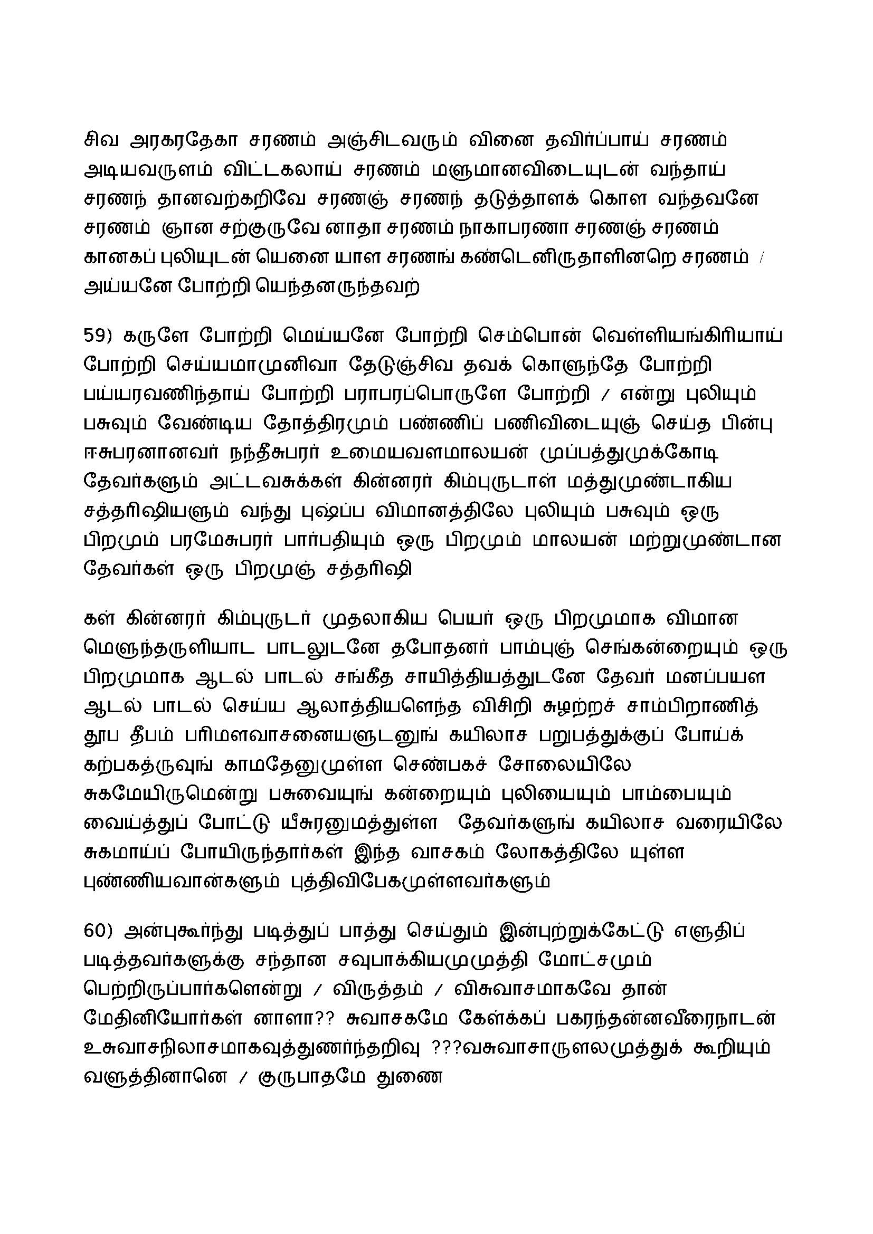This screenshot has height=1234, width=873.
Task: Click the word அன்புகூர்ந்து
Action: (180, 931)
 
